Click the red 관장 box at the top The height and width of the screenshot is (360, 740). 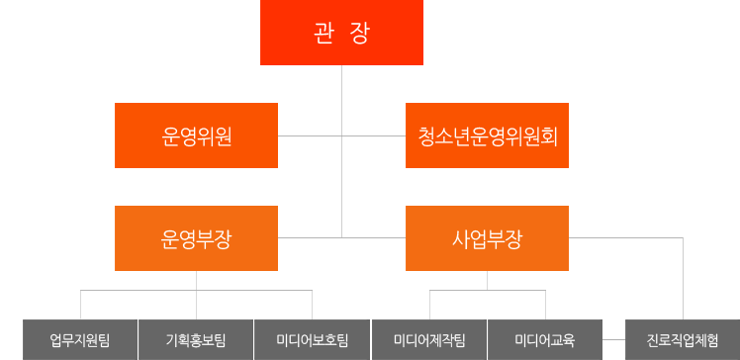[x=341, y=33]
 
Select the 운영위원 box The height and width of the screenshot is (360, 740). [x=196, y=135]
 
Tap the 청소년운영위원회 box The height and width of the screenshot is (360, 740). [x=488, y=135]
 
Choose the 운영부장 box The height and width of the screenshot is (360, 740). [x=196, y=238]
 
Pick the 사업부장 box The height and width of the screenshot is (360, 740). [x=488, y=238]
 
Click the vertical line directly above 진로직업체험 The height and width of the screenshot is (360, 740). [x=683, y=287]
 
